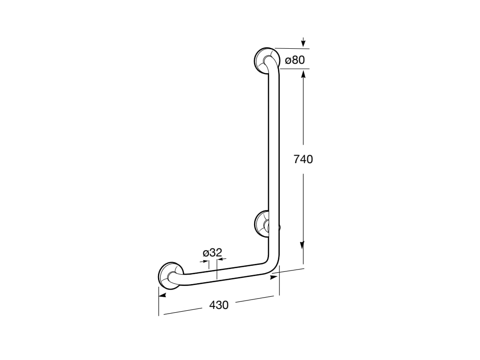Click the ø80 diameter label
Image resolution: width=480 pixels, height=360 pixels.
click(x=295, y=60)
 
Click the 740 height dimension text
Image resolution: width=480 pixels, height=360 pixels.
click(x=303, y=159)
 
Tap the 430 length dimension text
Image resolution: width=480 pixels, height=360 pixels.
click(x=218, y=305)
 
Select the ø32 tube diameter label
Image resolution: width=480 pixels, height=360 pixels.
click(x=212, y=253)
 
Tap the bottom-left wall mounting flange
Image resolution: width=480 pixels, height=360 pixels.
click(x=170, y=276)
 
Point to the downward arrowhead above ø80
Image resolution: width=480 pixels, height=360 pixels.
click(x=304, y=43)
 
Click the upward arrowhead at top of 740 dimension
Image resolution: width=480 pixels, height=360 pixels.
click(x=304, y=74)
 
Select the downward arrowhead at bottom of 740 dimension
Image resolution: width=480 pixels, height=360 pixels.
click(x=302, y=246)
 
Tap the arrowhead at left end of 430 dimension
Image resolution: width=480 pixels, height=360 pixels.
click(x=162, y=295)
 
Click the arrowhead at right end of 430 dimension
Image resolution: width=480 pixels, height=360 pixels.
click(x=274, y=277)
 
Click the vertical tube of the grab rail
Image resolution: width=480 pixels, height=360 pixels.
click(x=274, y=155)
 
